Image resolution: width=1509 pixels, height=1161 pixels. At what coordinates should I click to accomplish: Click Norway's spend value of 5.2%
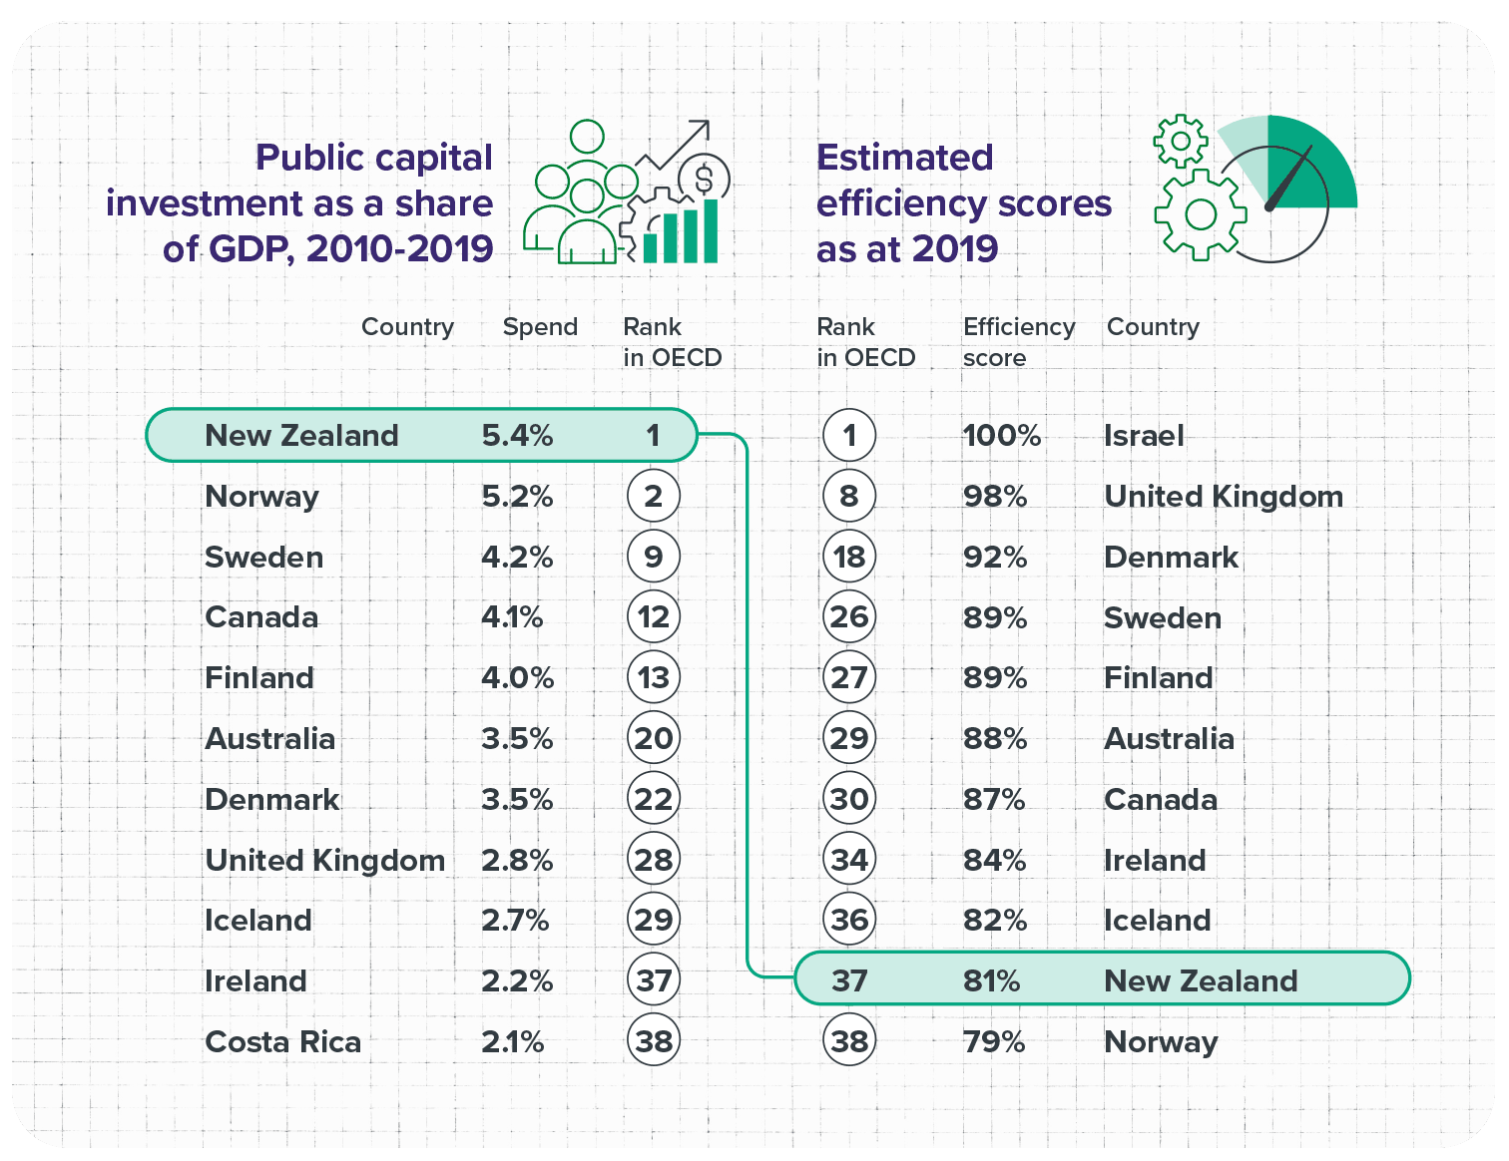click(x=517, y=496)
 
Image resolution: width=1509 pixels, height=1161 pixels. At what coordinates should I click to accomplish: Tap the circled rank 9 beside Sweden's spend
click(x=653, y=557)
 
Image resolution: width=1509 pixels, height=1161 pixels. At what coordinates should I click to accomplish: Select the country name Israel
click(x=1144, y=435)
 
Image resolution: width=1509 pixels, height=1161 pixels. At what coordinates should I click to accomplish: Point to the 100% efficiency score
click(x=1001, y=435)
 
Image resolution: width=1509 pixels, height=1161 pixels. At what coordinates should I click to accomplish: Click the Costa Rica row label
click(x=282, y=1041)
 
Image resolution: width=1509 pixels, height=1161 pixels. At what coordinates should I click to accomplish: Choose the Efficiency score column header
click(x=1018, y=341)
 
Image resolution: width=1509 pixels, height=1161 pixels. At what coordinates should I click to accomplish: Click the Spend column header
click(x=540, y=326)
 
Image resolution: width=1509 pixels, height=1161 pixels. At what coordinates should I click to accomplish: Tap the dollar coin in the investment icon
click(x=704, y=180)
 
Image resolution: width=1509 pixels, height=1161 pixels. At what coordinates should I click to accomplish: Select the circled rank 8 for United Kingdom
click(x=849, y=496)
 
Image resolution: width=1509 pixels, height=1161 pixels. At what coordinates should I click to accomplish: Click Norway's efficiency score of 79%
click(x=994, y=1041)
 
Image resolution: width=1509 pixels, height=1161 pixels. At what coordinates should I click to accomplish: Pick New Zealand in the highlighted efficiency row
click(x=1201, y=980)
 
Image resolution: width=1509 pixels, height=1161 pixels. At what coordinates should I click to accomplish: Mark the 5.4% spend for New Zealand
click(x=517, y=435)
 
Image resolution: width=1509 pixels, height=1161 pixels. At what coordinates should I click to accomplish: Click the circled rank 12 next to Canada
click(x=653, y=617)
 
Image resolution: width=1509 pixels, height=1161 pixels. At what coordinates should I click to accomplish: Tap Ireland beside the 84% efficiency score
click(x=1155, y=860)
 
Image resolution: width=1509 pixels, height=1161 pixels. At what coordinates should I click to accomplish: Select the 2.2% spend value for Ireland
click(x=517, y=980)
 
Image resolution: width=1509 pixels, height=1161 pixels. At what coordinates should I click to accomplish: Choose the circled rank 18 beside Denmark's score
click(x=849, y=557)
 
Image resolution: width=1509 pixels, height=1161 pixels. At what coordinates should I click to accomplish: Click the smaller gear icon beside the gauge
click(x=1181, y=141)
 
